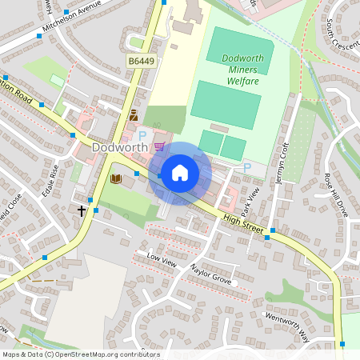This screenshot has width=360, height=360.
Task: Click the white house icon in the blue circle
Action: click(x=180, y=173)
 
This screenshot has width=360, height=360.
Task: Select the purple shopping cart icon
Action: click(x=161, y=146)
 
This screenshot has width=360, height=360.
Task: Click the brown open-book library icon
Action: click(x=116, y=178)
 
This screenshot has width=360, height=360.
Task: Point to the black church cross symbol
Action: click(x=82, y=210)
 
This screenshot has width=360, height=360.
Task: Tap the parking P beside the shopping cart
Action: click(x=143, y=137)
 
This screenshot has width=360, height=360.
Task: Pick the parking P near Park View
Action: click(x=246, y=167)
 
